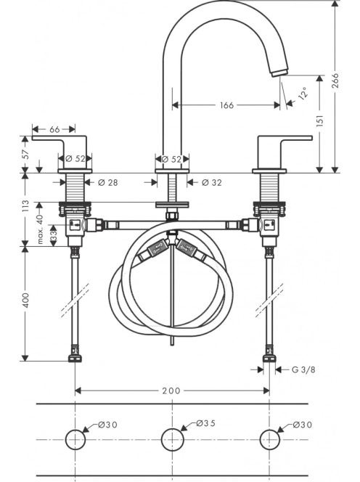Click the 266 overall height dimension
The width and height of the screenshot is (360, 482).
(335, 81)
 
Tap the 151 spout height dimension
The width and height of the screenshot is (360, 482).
(320, 120)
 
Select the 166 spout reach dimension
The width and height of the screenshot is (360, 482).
(227, 105)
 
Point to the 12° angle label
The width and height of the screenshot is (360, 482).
(303, 93)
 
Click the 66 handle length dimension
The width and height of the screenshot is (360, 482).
(54, 129)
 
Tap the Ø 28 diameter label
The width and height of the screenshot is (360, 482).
(107, 183)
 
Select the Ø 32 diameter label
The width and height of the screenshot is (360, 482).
(212, 183)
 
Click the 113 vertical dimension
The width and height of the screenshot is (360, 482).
(25, 206)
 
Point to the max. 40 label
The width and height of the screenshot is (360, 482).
(40, 229)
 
